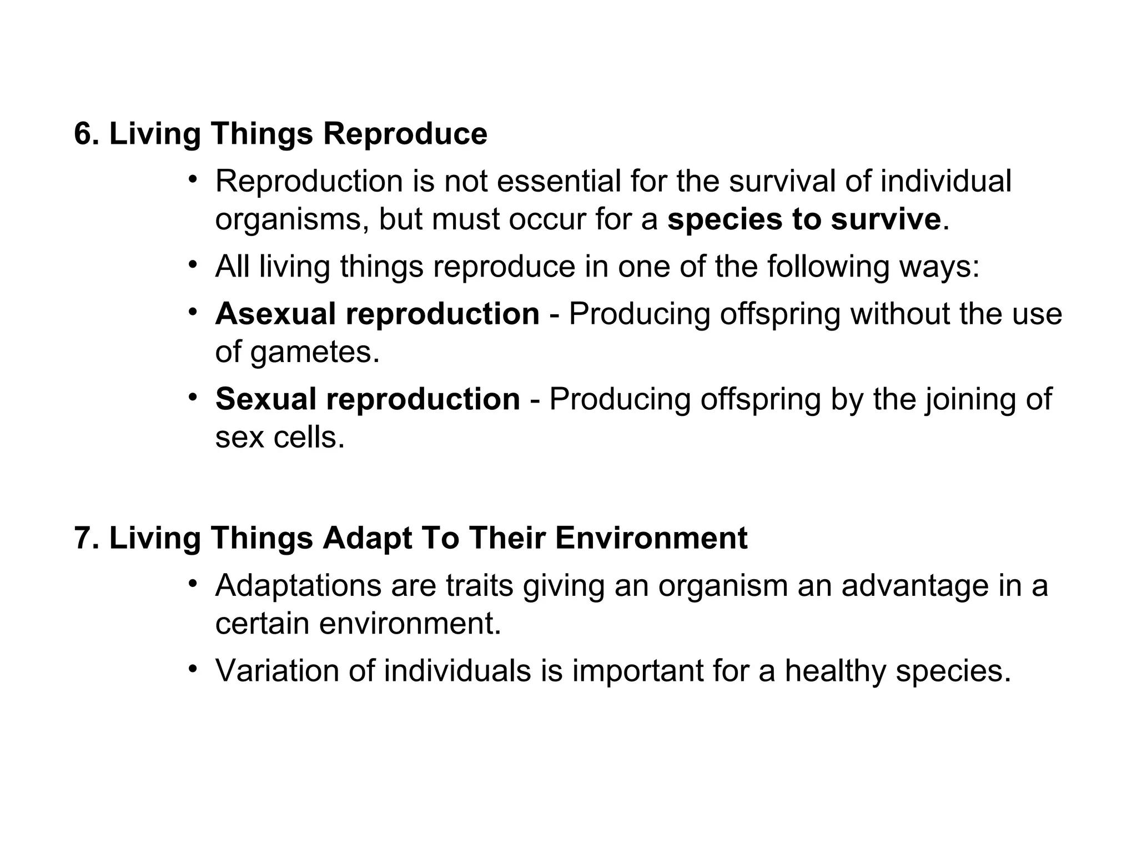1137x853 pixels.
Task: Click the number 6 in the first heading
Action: point(83,134)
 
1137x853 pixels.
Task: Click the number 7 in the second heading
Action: point(83,538)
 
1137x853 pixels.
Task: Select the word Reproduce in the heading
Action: point(405,134)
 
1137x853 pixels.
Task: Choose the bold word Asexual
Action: point(275,314)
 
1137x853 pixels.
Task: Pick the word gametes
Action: point(315,352)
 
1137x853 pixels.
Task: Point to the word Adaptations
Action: point(297,585)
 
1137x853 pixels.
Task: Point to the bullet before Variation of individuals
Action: point(193,669)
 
